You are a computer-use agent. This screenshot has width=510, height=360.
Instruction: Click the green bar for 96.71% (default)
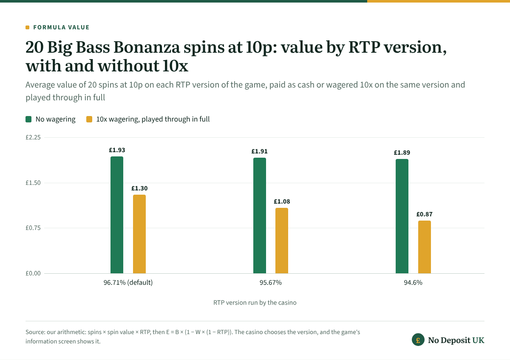117,215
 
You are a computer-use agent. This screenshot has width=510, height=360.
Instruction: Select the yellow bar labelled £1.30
139,234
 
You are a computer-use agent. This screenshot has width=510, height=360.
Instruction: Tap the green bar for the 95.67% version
260,215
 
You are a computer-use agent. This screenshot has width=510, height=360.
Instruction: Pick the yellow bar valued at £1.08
282,241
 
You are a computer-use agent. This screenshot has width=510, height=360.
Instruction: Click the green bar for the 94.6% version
402,216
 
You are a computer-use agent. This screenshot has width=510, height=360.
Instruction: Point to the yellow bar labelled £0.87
425,247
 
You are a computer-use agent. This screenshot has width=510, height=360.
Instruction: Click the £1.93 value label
117,150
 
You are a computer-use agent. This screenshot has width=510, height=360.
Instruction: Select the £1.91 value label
259,151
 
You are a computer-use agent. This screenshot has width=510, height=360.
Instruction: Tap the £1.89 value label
402,153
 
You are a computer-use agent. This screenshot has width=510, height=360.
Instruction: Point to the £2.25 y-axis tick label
33,137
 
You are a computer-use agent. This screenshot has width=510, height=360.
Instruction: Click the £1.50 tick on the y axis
33,183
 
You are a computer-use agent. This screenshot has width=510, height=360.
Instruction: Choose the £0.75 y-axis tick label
33,228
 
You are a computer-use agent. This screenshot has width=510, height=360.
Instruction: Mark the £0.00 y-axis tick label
33,273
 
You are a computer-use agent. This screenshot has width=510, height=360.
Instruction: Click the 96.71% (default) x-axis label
128,283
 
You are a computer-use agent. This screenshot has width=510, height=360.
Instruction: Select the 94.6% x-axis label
413,283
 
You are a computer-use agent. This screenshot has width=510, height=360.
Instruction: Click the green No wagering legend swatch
28,119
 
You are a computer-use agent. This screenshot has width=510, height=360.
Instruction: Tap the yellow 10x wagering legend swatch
89,119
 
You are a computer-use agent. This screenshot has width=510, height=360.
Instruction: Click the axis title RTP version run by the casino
255,303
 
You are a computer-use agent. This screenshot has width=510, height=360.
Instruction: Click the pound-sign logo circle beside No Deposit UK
418,340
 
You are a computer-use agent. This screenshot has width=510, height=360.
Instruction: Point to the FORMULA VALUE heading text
61,27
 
